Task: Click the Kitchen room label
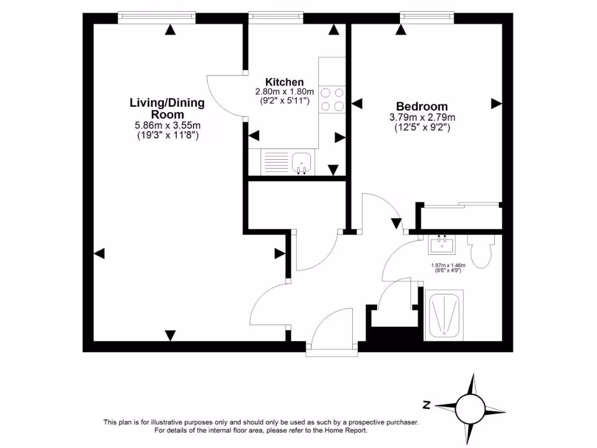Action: point(284,82)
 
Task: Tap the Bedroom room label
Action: point(422,106)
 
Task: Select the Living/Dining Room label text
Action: point(167,108)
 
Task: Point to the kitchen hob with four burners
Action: point(332,99)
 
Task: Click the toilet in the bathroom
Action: point(482,250)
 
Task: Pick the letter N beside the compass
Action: point(427,404)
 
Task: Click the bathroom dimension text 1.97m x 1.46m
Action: point(448,265)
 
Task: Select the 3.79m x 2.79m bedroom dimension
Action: point(422,117)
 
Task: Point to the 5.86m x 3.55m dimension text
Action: point(167,125)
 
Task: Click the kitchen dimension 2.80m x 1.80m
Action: point(284,92)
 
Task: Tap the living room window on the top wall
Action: point(156,17)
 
